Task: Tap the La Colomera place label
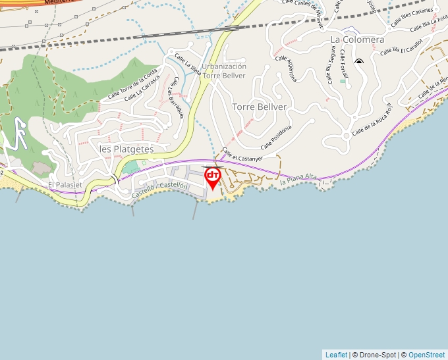coord(357,39)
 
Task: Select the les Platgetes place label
coord(126,149)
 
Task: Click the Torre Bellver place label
coord(260,107)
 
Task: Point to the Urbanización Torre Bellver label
coord(224,70)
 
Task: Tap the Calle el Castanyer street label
coord(242,155)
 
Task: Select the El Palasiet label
coord(65,186)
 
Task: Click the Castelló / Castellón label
coord(160,190)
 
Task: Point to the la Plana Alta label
coord(298,179)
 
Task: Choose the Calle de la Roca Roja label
coord(372,120)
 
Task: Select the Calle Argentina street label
coord(286,68)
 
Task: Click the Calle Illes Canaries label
coord(412,18)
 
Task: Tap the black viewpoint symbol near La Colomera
coord(359,62)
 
